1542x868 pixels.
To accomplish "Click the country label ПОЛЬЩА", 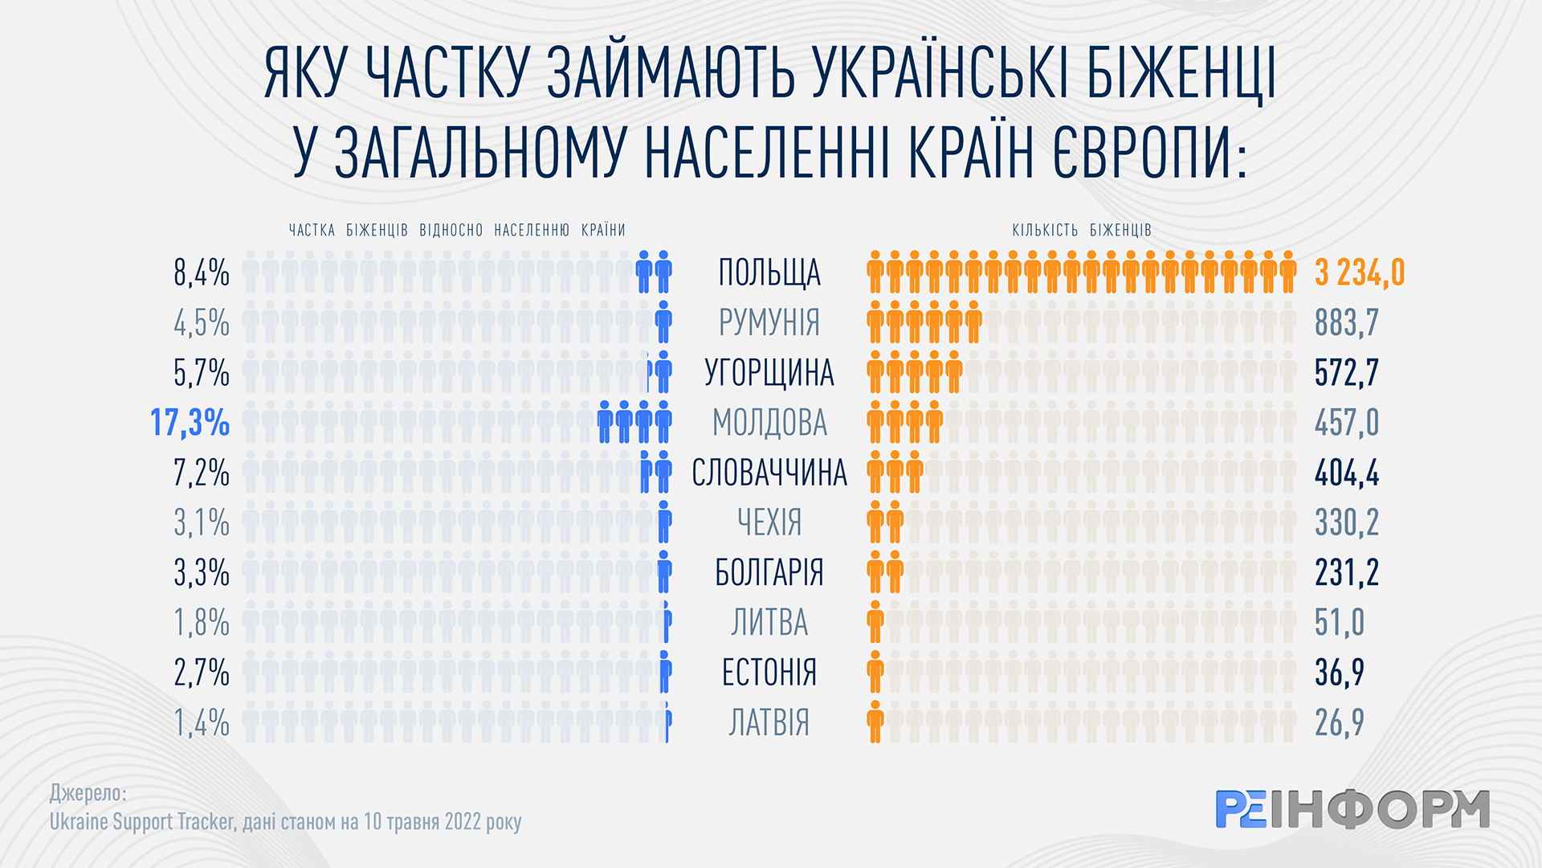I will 769,273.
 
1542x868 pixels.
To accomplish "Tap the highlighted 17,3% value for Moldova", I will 190,423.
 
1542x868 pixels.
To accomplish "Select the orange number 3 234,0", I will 1360,273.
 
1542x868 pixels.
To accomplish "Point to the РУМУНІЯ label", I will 769,323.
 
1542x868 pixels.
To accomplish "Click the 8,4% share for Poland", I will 202,273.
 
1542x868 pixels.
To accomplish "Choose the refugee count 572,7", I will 1347,373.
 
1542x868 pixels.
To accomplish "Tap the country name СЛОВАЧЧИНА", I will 769,473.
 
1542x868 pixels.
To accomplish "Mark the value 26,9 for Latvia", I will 1340,723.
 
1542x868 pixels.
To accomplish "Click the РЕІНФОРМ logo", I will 1352,809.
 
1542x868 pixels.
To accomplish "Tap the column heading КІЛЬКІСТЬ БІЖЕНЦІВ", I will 1082,231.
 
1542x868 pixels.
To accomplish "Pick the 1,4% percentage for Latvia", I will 202,723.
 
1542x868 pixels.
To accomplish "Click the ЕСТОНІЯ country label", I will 769,673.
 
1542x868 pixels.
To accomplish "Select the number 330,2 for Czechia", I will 1347,522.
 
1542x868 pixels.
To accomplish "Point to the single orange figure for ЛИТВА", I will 875,623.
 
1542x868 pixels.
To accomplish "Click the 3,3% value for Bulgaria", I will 202,573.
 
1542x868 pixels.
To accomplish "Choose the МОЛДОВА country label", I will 769,423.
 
